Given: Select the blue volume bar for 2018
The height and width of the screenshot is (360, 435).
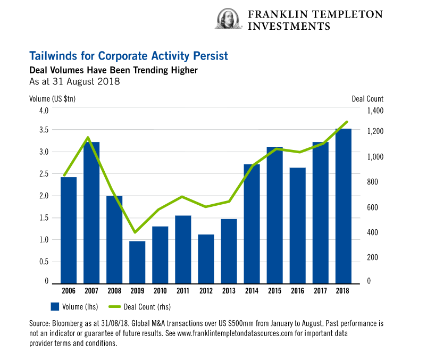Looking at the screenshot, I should (343, 205).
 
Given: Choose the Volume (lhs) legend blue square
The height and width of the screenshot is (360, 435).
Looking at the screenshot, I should (54, 306).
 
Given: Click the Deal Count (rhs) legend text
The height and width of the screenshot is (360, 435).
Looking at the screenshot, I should (147, 306).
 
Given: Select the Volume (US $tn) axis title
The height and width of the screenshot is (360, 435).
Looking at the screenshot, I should (53, 98).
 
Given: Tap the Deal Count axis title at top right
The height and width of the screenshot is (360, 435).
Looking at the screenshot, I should (367, 98).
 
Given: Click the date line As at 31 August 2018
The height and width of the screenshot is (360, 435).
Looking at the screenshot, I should (74, 82).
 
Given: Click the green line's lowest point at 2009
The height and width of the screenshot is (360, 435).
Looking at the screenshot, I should (135, 232).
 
